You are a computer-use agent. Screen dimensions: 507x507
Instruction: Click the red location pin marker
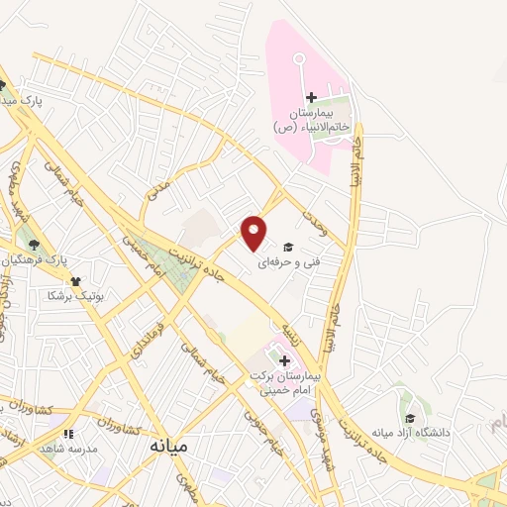[x=255, y=232]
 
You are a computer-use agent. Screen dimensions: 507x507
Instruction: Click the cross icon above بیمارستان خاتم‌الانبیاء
[x=311, y=97]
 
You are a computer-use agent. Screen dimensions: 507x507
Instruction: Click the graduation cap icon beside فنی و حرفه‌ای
[x=288, y=246]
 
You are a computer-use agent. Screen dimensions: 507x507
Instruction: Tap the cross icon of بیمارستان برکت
[x=285, y=360]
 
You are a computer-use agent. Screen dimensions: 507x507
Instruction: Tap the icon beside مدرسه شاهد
[x=67, y=433]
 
